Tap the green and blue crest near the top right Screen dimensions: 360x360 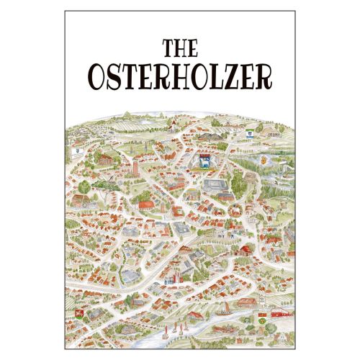pyautogui.click(x=251, y=132)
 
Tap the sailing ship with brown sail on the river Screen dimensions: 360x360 pyautogui.click(x=225, y=311)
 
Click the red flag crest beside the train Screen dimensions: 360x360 pyautogui.click(x=264, y=314)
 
